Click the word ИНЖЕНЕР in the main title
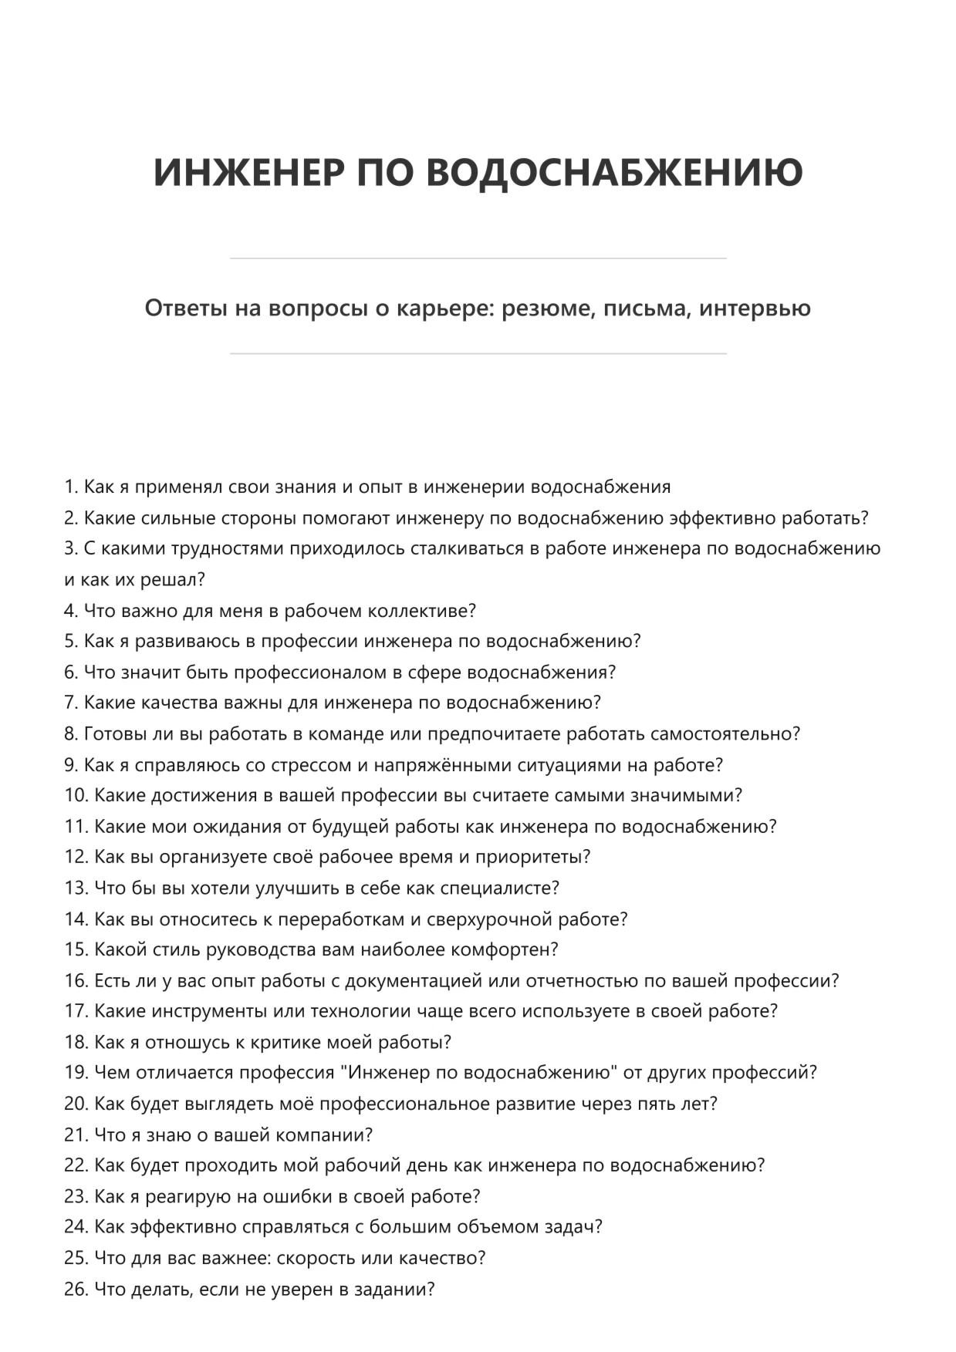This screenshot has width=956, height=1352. pos(248,171)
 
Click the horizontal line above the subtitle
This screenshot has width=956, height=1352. pos(478,258)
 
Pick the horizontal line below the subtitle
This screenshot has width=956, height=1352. pos(478,354)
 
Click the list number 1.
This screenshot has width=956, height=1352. pos(70,487)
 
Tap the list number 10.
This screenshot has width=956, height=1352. pos(76,795)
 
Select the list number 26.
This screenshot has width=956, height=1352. pos(76,1289)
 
